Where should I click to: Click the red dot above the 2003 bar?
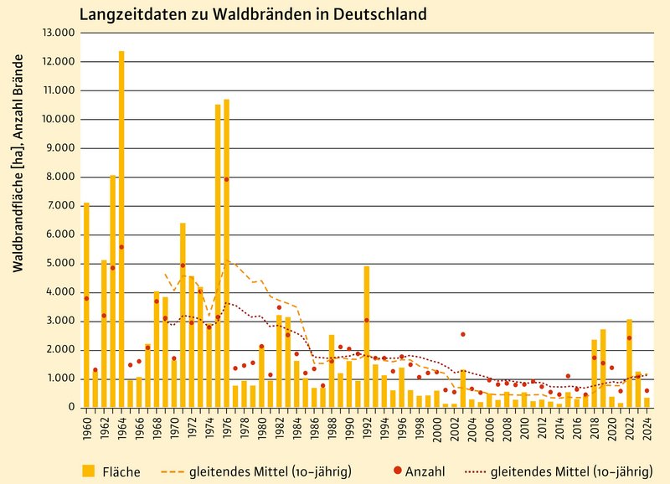462,334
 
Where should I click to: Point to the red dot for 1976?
226,179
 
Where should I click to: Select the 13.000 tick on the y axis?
58,33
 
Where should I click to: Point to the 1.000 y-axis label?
60,379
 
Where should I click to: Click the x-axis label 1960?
87,428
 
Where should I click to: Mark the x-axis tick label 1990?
350,428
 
